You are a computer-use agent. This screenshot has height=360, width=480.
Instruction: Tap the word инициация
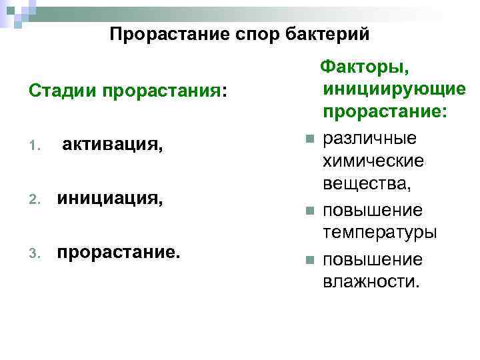tap(109, 199)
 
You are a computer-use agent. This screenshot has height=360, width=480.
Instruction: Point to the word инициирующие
tap(393, 89)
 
